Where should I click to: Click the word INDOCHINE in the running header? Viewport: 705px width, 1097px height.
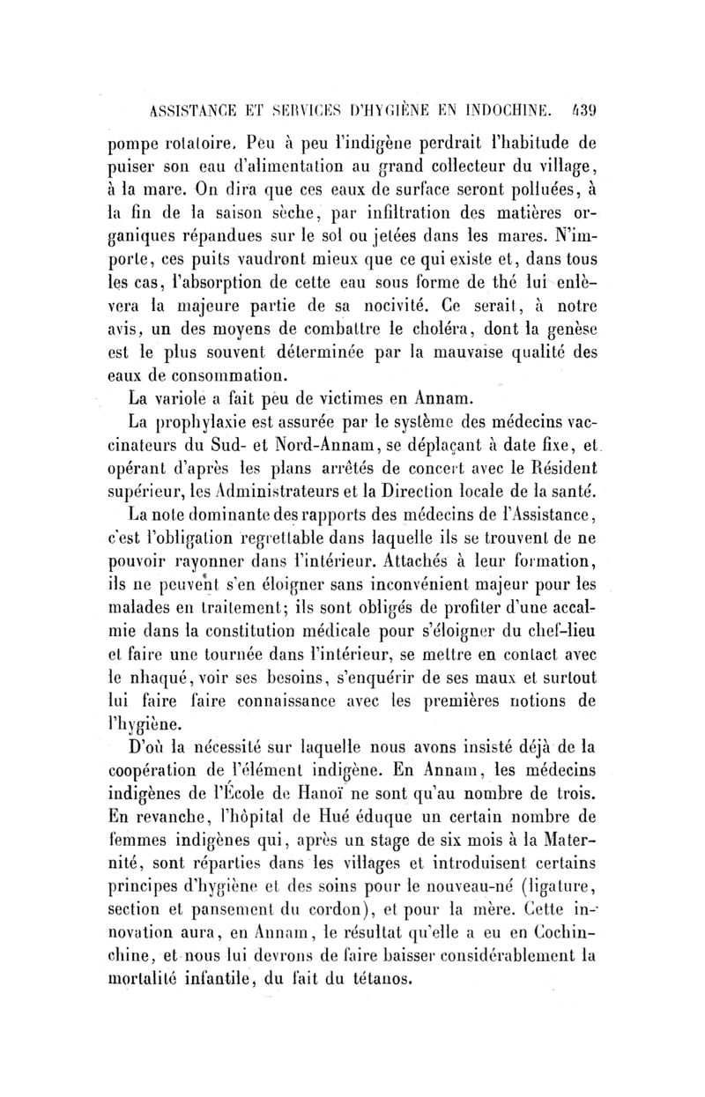[513, 111]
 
